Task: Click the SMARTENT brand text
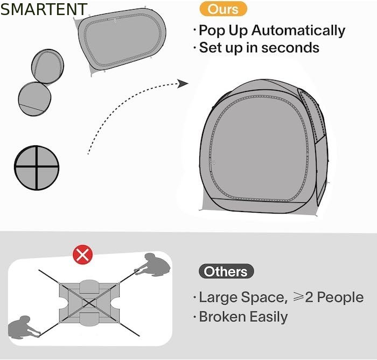pyautogui.click(x=44, y=9)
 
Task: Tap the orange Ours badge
pyautogui.click(x=223, y=9)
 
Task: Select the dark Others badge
pyautogui.click(x=226, y=271)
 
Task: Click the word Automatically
pyautogui.click(x=298, y=31)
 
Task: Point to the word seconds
pyautogui.click(x=290, y=47)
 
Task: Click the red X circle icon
pyautogui.click(x=83, y=255)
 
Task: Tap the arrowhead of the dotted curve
pyautogui.click(x=183, y=83)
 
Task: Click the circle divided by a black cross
pyautogui.click(x=37, y=168)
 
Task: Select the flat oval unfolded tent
pyautogui.click(x=120, y=41)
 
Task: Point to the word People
pyautogui.click(x=340, y=298)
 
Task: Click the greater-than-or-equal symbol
pyautogui.click(x=298, y=297)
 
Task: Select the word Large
pyautogui.click(x=218, y=298)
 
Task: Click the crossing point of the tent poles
pyautogui.click(x=89, y=303)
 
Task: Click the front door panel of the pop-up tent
pyautogui.click(x=259, y=149)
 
